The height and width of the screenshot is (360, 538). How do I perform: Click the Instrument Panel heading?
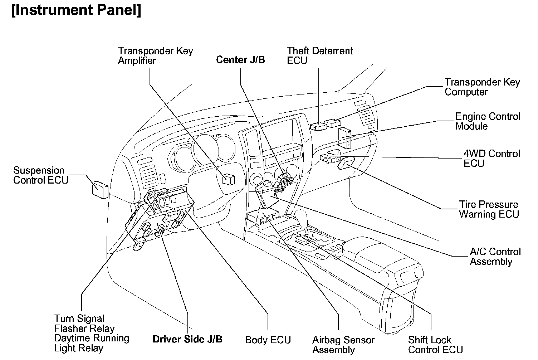pos(76,10)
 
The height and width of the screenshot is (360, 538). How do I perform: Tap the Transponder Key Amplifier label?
pos(155,56)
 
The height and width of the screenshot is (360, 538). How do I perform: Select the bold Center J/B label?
pos(240,60)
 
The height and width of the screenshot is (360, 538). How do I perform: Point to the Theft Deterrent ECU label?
pos(319,56)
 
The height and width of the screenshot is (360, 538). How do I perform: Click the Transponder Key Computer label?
pos(482,87)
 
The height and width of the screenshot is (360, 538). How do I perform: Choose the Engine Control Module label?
pos(488,121)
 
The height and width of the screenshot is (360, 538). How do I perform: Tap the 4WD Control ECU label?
pos(491,159)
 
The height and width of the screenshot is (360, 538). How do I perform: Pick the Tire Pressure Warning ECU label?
pos(489,209)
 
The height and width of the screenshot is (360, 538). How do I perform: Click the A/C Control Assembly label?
pos(495,257)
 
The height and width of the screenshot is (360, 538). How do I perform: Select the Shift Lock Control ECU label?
pos(435,345)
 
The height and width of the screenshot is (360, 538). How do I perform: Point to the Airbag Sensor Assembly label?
pos(343,345)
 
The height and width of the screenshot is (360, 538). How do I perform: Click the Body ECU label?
pos(268,340)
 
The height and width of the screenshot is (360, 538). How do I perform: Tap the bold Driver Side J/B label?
pos(187,339)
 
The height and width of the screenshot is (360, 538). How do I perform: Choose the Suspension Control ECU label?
pos(40,175)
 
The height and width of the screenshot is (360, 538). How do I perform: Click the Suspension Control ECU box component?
pos(100,189)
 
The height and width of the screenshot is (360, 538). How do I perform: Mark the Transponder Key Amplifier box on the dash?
pos(229,179)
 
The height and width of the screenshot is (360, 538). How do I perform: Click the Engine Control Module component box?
pos(345,138)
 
